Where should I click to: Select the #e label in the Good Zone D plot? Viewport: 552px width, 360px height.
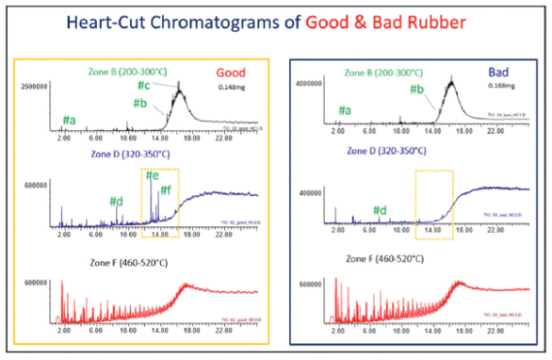click(153, 176)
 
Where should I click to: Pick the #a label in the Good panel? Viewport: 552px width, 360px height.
click(70, 121)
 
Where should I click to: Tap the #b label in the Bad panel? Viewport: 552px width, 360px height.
click(415, 90)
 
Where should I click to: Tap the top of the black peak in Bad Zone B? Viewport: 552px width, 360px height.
click(451, 81)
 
